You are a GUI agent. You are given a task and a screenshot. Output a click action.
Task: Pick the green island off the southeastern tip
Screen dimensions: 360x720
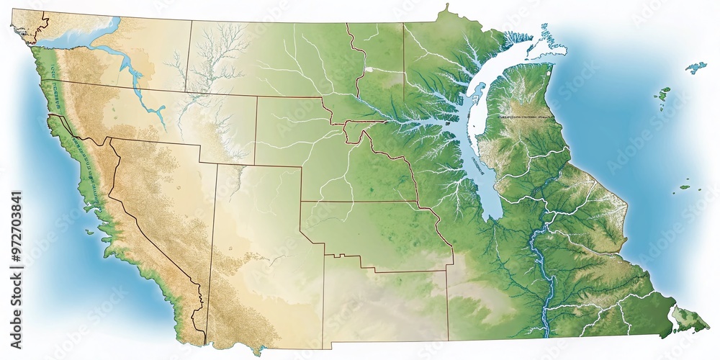pyautogui.click(x=689, y=317)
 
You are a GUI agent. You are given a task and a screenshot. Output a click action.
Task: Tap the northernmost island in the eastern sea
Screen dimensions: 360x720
pyautogui.click(x=696, y=68)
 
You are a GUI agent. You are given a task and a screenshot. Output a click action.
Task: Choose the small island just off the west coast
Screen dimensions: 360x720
pyautogui.click(x=89, y=231)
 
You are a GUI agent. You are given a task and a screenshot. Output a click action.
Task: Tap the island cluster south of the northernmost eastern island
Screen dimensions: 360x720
pyautogui.click(x=662, y=94)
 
